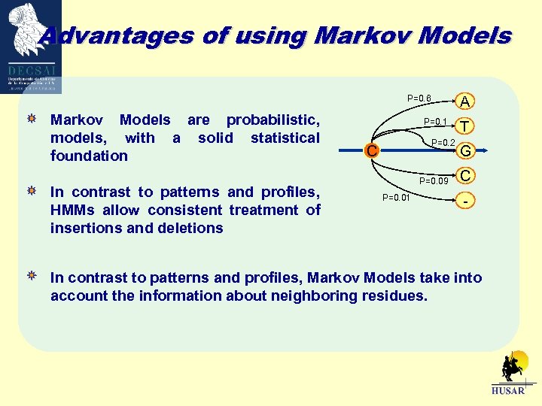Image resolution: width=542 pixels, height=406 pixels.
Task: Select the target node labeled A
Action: pos(466,101)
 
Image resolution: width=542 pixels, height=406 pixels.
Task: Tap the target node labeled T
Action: pos(466,126)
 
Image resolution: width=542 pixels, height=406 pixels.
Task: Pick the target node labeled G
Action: pos(466,151)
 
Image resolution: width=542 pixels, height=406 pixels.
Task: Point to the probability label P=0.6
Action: pos(419,98)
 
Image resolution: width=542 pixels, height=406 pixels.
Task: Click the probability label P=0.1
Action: pos(436,123)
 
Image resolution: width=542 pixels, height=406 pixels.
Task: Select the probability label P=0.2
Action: pos(443,143)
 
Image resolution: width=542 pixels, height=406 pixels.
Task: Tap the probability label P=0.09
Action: pos(434,180)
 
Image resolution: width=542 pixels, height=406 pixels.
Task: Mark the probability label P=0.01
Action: pos(396,198)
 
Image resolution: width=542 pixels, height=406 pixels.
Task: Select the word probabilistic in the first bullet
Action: pos(273,120)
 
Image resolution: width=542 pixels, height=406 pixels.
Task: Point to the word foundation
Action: pos(89,156)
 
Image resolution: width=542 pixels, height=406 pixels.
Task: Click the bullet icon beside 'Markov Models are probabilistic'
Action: pos(31,120)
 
